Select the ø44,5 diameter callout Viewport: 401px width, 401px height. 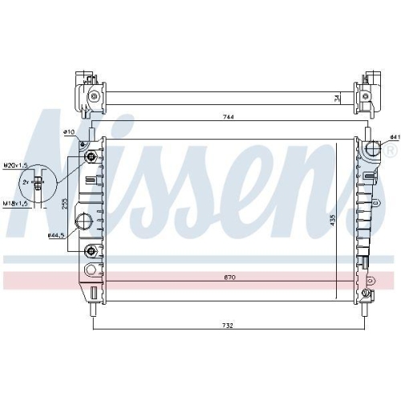56,235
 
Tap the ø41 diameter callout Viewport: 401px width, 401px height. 394,137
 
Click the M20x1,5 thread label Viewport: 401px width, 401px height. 14,164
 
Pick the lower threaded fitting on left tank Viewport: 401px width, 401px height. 90,252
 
